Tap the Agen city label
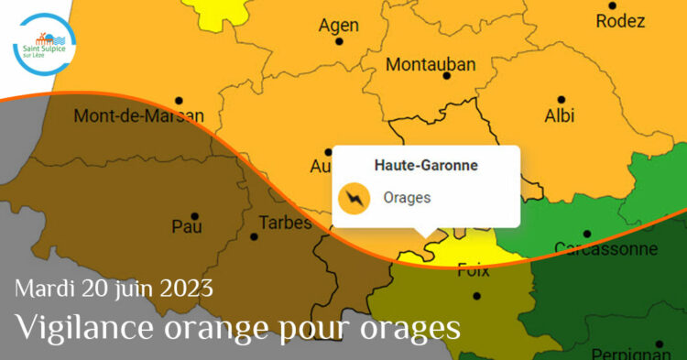[x=339, y=26]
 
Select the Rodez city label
[x=620, y=21]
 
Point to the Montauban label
[x=431, y=65]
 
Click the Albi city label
[x=560, y=116]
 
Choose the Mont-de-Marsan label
[x=139, y=116]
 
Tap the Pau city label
[x=187, y=226]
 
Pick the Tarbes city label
[x=285, y=223]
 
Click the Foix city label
[x=474, y=270]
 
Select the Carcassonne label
[x=605, y=248]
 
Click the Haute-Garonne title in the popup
[x=426, y=166]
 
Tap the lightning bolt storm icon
[x=354, y=198]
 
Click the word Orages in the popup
[x=407, y=198]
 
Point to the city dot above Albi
[x=561, y=99]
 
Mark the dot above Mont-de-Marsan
[x=180, y=100]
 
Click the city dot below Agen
[x=340, y=42]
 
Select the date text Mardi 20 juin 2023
[x=114, y=289]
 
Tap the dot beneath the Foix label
[x=477, y=295]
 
